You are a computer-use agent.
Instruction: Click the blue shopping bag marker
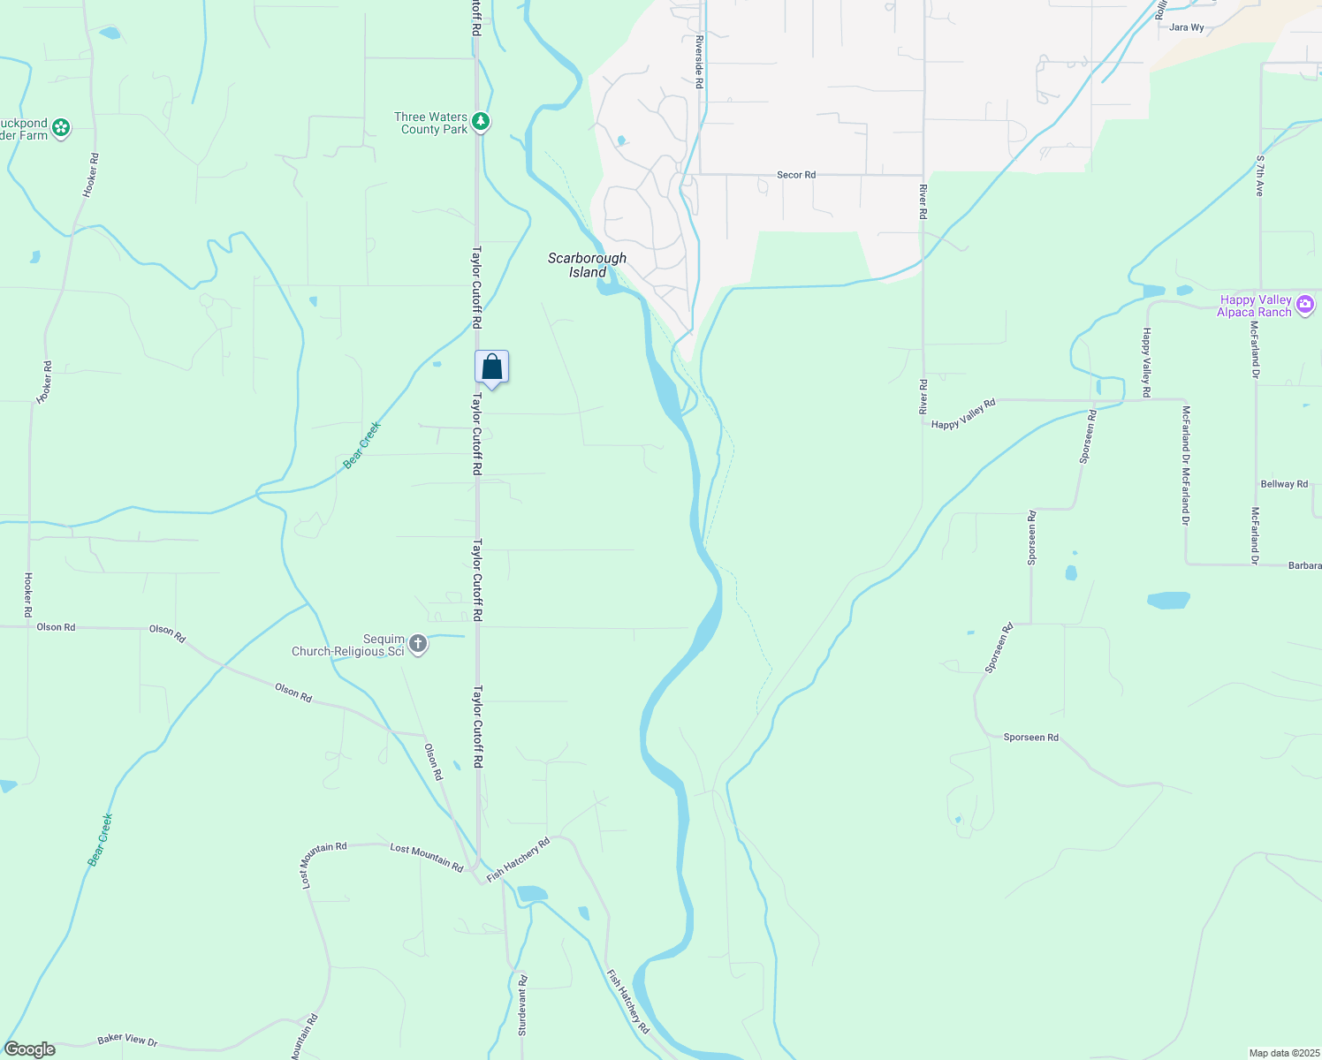pyautogui.click(x=491, y=367)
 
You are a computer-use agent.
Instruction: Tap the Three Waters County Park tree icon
pyautogui.click(x=481, y=122)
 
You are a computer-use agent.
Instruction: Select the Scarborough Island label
pyautogui.click(x=587, y=265)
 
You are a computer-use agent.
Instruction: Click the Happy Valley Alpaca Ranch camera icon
pyautogui.click(x=1305, y=306)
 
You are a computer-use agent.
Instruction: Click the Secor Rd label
pyautogui.click(x=795, y=175)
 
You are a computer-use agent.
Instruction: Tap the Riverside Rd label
pyautogui.click(x=698, y=62)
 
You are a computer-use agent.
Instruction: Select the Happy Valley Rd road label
pyautogui.click(x=963, y=413)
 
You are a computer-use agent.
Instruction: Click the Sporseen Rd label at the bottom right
pyautogui.click(x=1030, y=737)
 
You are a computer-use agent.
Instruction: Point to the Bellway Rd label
pyautogui.click(x=1283, y=484)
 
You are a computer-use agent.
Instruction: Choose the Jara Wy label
pyautogui.click(x=1186, y=27)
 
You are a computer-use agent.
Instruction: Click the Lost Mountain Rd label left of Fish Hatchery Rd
pyautogui.click(x=426, y=857)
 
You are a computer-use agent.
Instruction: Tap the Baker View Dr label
pyautogui.click(x=127, y=1040)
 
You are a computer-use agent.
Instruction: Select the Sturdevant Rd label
pyautogui.click(x=521, y=1005)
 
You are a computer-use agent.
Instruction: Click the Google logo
pyautogui.click(x=30, y=1049)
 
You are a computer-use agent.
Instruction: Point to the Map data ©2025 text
pyautogui.click(x=1282, y=1053)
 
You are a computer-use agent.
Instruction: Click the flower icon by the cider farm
pyautogui.click(x=60, y=128)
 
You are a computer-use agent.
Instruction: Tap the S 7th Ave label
pyautogui.click(x=1260, y=175)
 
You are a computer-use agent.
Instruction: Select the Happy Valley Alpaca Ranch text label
pyautogui.click(x=1255, y=306)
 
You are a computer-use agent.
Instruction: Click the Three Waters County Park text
pyautogui.click(x=431, y=123)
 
